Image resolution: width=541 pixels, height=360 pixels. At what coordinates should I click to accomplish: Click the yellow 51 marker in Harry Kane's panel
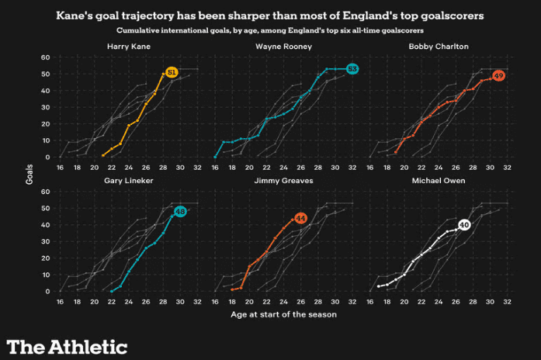(172, 72)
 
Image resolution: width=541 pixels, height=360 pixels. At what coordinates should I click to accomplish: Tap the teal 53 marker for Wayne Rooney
(352, 69)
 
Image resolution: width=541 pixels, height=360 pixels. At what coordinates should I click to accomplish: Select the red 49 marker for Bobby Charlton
(499, 75)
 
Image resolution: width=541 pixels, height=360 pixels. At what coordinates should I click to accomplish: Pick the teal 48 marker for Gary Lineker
(180, 210)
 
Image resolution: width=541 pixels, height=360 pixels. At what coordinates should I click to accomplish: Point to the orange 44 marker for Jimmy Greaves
(301, 218)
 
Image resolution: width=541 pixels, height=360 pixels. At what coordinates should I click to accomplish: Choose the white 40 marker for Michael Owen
(464, 224)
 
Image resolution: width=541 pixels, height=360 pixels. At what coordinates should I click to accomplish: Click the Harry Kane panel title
(128, 47)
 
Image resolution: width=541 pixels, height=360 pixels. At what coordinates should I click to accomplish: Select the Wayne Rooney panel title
(283, 47)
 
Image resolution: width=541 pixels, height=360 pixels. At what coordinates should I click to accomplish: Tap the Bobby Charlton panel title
(439, 47)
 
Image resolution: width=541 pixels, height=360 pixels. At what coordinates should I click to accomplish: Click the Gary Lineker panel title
(128, 180)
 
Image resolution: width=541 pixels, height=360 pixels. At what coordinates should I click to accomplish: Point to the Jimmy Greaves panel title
(283, 180)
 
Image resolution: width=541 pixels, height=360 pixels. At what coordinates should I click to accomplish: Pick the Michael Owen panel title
(439, 180)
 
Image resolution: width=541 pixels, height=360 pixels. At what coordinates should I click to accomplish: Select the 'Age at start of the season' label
(283, 315)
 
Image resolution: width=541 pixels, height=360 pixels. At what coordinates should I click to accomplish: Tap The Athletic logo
(67, 346)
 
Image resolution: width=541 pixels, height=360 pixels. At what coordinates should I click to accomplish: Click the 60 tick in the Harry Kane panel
(45, 57)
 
